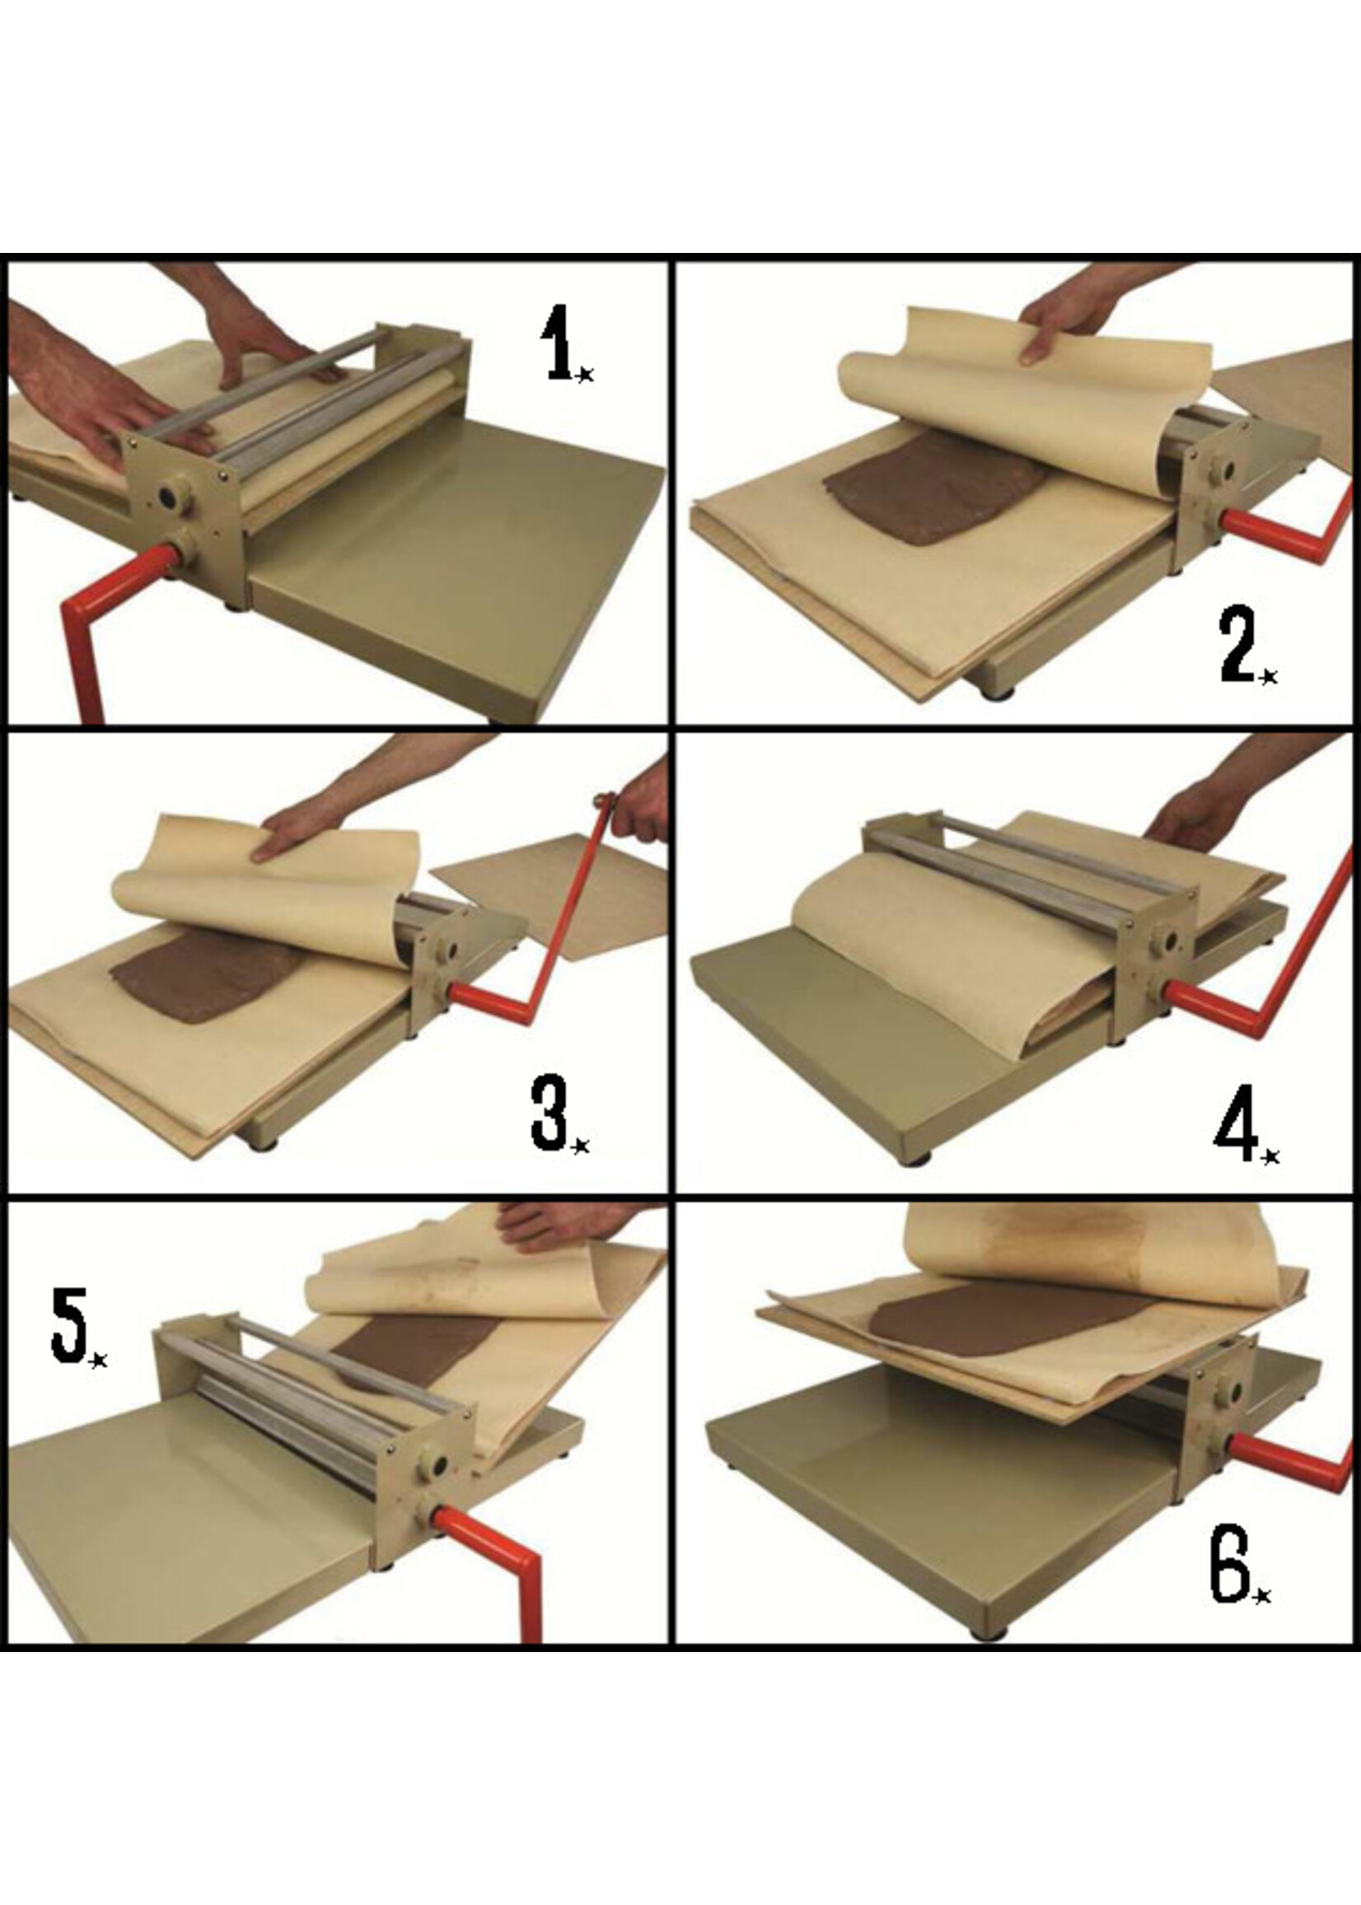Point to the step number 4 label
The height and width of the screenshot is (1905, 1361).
pyautogui.click(x=1244, y=1118)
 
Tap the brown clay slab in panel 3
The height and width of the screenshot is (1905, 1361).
pyautogui.click(x=206, y=980)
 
